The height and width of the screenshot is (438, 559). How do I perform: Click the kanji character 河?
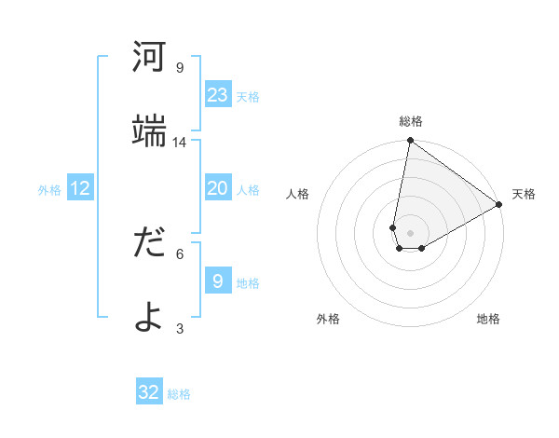tap(149, 58)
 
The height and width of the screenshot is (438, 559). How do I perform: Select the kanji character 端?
tap(149, 130)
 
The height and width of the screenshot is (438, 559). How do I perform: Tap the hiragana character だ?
tap(149, 242)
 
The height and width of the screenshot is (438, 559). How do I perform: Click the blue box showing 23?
tap(218, 94)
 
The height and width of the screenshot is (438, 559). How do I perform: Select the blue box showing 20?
tap(218, 188)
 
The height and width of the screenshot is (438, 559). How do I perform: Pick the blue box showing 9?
tap(218, 281)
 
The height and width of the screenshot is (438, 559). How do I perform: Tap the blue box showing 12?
tap(80, 188)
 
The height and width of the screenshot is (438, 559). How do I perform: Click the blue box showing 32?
tap(149, 392)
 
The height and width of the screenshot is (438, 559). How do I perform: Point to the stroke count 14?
tap(180, 142)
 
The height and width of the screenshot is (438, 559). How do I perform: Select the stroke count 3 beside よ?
tap(179, 328)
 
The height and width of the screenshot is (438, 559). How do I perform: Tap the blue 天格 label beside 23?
tap(248, 96)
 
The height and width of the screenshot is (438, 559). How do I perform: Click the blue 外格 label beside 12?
tap(49, 190)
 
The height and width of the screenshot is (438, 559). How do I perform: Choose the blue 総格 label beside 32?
tap(179, 394)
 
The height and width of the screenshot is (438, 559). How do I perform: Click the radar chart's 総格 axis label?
tap(410, 121)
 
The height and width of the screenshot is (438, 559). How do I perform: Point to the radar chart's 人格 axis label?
tap(298, 194)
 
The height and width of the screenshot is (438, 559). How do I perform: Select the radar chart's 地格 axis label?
tap(488, 319)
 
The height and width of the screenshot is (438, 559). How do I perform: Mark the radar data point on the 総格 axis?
tap(410, 142)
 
